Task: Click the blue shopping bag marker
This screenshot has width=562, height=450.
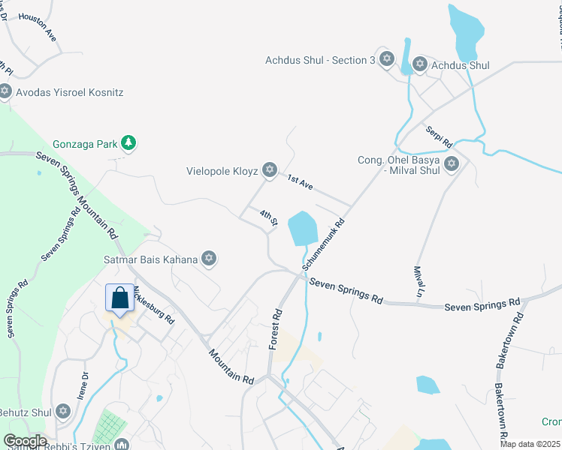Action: (x=119, y=298)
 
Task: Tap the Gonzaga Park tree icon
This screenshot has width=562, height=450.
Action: (x=128, y=142)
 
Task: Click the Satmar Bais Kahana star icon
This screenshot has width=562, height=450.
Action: (x=209, y=259)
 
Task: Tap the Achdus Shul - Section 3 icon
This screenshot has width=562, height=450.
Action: (x=387, y=59)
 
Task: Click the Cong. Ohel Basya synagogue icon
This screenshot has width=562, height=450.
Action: (x=452, y=163)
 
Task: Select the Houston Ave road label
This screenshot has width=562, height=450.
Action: (x=38, y=26)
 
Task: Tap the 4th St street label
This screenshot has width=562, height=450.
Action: (x=269, y=217)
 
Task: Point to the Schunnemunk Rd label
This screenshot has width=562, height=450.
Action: (x=324, y=244)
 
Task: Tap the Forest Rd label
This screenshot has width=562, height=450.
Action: (x=276, y=329)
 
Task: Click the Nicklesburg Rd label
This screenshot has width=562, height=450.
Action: (x=154, y=304)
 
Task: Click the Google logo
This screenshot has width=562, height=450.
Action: (x=25, y=441)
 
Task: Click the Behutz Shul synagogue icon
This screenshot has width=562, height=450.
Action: (x=63, y=411)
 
